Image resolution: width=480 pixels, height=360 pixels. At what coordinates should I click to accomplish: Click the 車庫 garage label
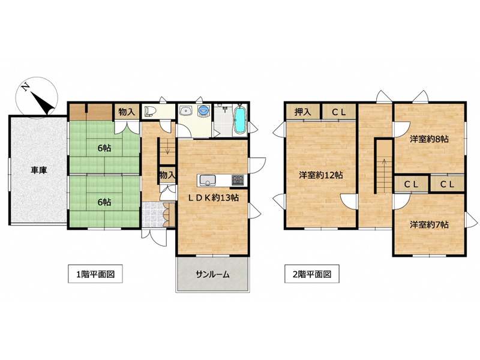(x=38, y=170)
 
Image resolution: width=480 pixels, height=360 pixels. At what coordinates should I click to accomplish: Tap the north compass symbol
(x=37, y=97)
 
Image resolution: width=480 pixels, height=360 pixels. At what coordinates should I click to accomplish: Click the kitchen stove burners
(x=238, y=179)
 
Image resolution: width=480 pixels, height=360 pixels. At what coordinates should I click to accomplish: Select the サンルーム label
(x=212, y=275)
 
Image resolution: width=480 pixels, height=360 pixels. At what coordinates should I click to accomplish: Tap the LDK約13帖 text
(x=213, y=198)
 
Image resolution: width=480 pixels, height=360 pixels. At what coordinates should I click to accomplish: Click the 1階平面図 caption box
(x=95, y=274)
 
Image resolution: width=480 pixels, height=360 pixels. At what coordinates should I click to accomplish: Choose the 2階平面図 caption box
(x=312, y=274)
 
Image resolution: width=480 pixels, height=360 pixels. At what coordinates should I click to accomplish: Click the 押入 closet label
(x=303, y=112)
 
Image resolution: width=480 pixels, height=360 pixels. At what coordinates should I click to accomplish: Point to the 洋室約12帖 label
(x=321, y=175)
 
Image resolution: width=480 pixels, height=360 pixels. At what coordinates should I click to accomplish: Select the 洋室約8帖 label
(x=429, y=139)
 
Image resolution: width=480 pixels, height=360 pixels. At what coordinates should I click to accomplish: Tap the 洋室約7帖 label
(x=429, y=224)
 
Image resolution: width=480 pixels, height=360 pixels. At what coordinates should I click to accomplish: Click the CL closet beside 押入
(x=339, y=112)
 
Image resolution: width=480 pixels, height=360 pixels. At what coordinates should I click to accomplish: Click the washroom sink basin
(x=185, y=110)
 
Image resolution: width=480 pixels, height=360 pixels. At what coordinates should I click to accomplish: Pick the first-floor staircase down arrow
(x=167, y=151)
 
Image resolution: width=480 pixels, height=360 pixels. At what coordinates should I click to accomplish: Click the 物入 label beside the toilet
(x=127, y=112)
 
